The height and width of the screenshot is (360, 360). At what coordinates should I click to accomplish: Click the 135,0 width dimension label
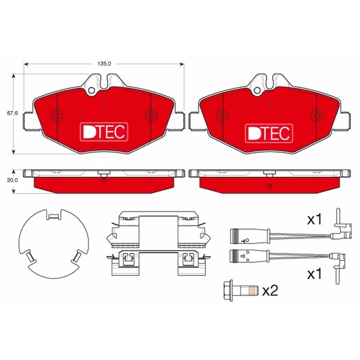click(x=104, y=63)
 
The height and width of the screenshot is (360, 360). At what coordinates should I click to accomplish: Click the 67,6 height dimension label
click(x=12, y=113)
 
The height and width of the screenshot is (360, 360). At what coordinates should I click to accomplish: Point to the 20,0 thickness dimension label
click(x=12, y=180)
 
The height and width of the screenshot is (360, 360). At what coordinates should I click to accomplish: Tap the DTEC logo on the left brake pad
click(x=104, y=132)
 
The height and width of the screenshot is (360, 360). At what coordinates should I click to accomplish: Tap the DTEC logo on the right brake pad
click(x=269, y=133)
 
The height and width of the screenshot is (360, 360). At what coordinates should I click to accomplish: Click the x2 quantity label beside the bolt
click(x=270, y=290)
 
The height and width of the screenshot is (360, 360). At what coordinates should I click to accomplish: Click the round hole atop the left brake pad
click(x=91, y=90)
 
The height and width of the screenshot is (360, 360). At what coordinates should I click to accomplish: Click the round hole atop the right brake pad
click(x=257, y=90)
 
